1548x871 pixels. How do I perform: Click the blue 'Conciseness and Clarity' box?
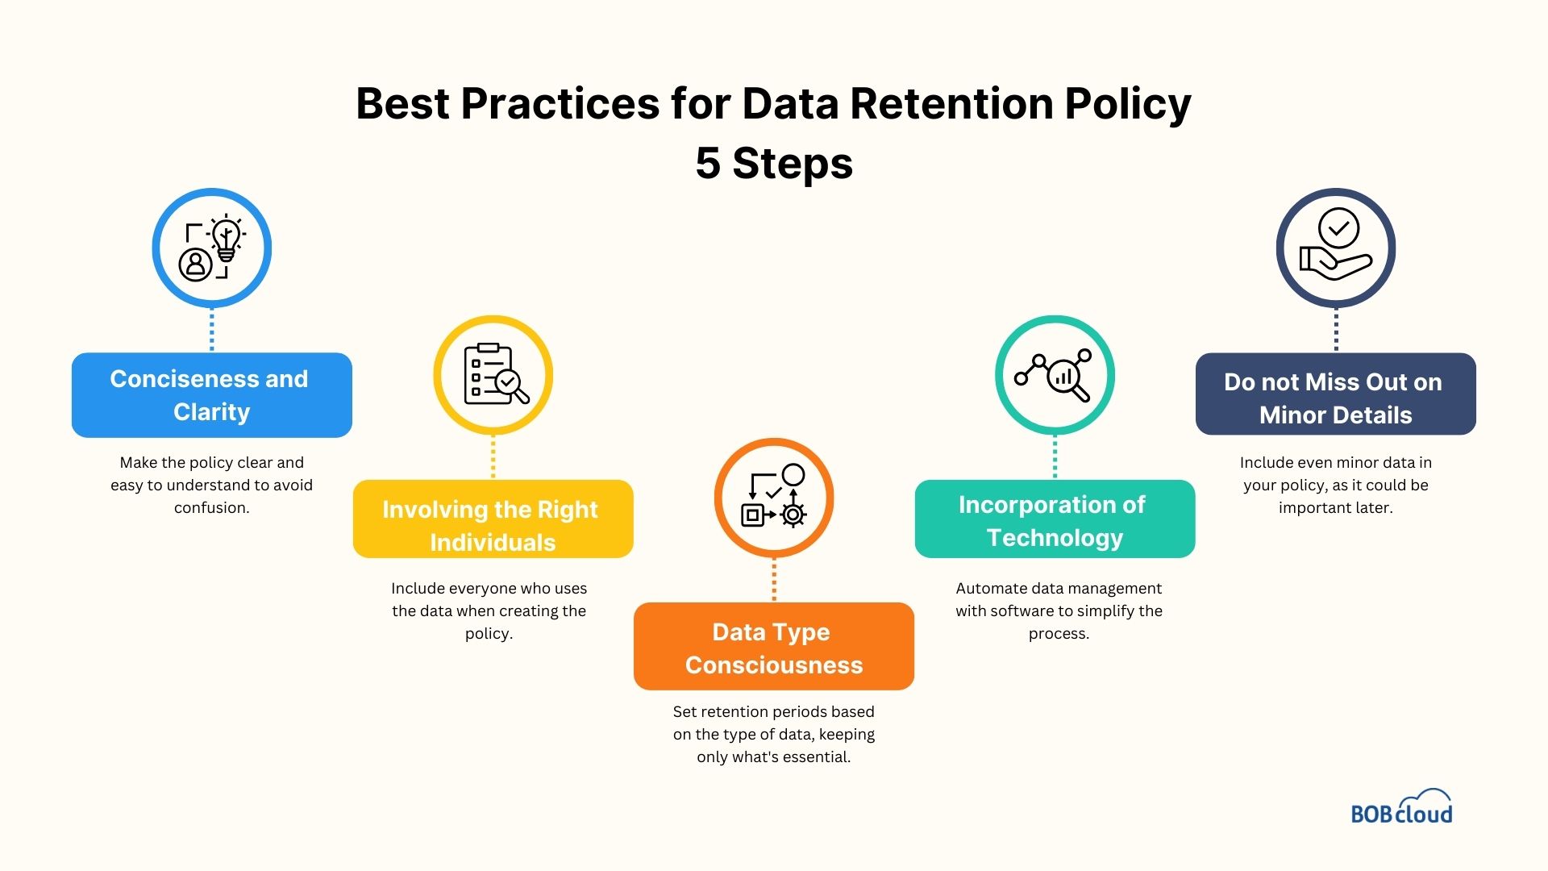[211, 395]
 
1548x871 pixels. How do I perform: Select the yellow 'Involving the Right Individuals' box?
[493, 519]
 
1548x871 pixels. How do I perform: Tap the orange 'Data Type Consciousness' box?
[773, 647]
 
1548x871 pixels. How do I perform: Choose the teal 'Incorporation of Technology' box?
[1055, 519]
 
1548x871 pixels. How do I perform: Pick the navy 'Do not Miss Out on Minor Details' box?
[1335, 395]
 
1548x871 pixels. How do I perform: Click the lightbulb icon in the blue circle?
[226, 240]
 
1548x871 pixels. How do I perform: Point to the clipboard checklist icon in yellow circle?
[493, 375]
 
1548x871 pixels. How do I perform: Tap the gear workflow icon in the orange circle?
[773, 498]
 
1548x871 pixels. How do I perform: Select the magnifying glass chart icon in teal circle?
[1055, 375]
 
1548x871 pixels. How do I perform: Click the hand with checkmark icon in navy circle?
[1335, 248]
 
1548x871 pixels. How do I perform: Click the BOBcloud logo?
[1401, 808]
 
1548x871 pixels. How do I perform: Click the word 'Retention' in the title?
[951, 104]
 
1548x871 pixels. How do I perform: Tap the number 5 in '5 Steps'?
[707, 164]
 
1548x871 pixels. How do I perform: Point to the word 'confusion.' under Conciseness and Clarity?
[211, 508]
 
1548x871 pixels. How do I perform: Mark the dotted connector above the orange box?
[774, 580]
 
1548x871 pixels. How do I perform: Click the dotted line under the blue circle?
[211, 330]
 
